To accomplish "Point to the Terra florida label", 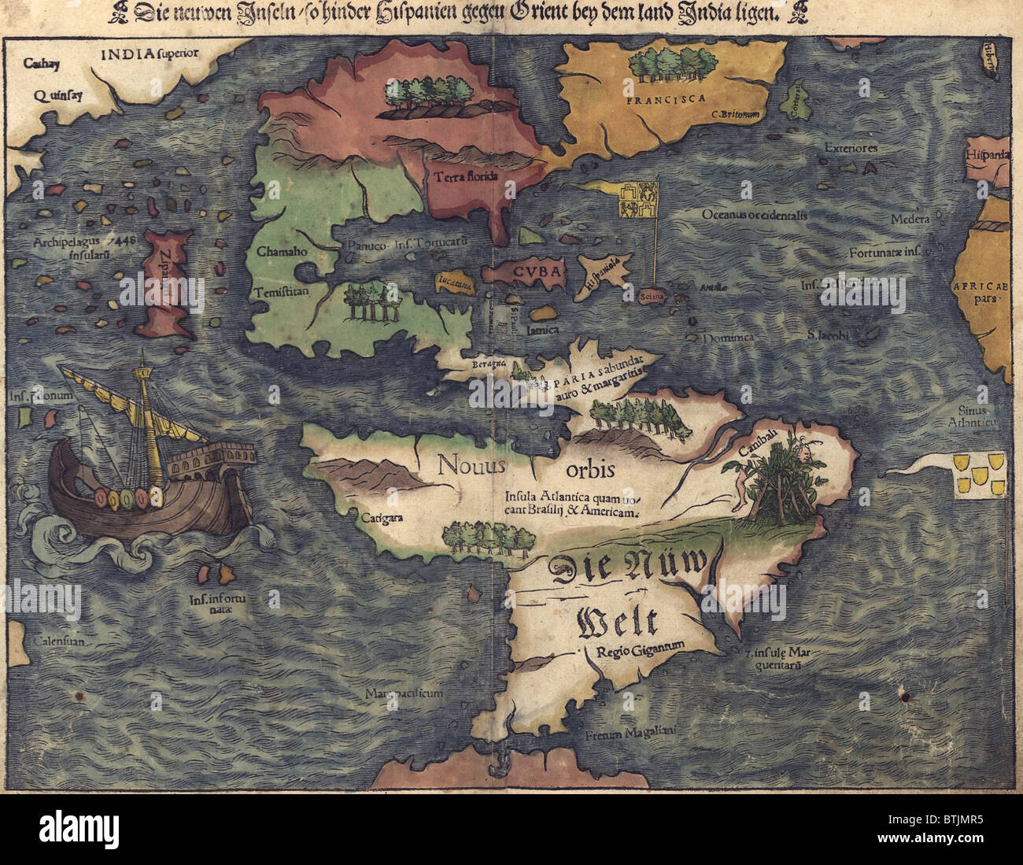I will tap(466, 176).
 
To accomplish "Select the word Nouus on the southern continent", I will tap(472, 465).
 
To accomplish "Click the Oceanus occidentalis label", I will tap(754, 214).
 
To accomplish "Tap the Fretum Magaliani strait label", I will tap(631, 734).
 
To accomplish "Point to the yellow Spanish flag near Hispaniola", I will tap(636, 200).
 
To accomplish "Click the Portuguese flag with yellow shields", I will tap(980, 475).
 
